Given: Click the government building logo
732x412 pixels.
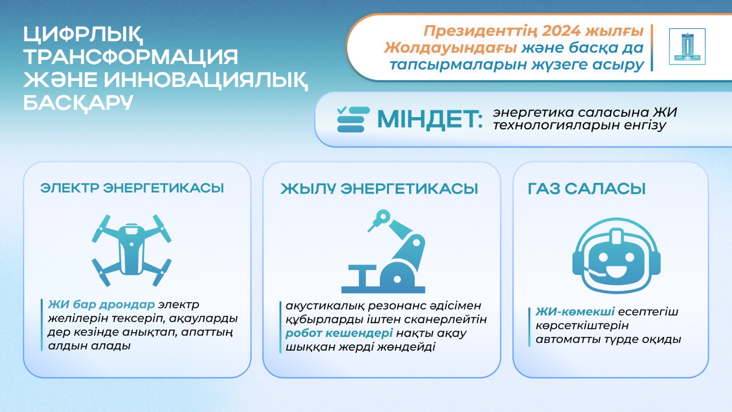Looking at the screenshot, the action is tap(687, 46).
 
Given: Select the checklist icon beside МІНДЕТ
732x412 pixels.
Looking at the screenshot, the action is tap(353, 119).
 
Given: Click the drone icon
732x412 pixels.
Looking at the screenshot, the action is tap(131, 250).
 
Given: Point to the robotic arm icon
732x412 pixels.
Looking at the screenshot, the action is tap(383, 251).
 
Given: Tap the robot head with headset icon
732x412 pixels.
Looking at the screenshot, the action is tap(616, 255).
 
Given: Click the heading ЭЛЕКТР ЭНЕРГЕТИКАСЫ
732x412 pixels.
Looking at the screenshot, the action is tap(132, 188).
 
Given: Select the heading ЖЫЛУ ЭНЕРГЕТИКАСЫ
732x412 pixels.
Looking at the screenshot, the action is tap(379, 189).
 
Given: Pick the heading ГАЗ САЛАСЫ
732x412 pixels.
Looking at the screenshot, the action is tap(587, 189).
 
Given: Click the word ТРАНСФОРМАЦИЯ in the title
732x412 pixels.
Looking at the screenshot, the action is tap(131, 57).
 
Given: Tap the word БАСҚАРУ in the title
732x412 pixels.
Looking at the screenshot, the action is tap(78, 103).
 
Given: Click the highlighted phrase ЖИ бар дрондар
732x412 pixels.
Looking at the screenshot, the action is tap(101, 304).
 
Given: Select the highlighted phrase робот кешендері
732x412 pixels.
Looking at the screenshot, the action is tap(339, 333).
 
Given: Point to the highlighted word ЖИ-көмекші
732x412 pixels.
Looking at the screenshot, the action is tap(575, 312).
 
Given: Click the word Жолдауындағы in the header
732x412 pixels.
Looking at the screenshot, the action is tap(450, 48).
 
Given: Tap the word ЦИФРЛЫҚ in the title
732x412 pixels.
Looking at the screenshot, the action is tap(83, 34).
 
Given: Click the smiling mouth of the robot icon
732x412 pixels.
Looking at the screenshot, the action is tap(616, 271).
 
